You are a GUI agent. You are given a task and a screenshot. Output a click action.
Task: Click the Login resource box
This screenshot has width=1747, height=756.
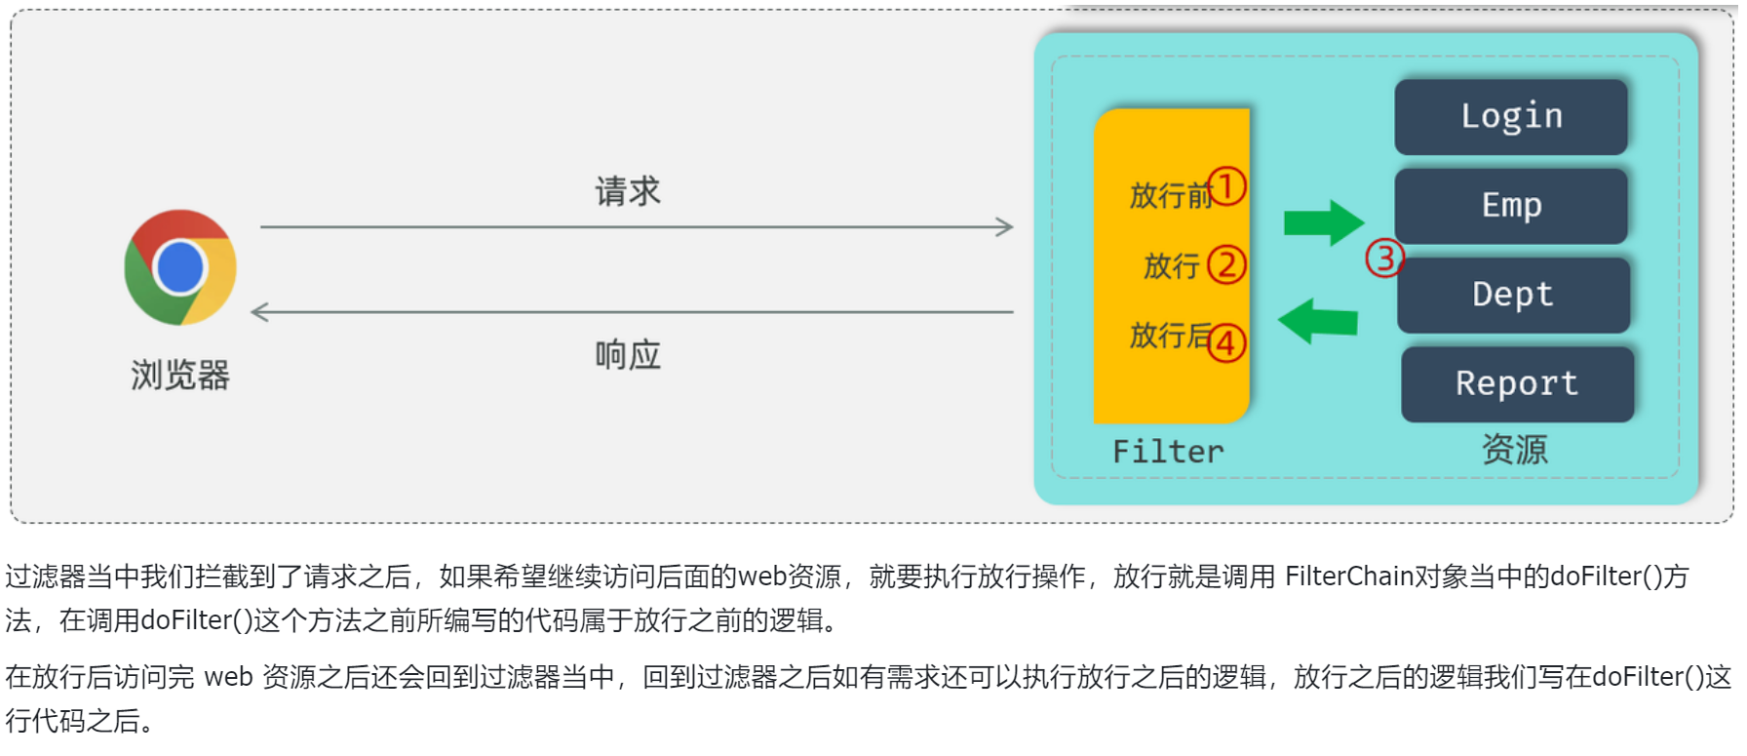1510,116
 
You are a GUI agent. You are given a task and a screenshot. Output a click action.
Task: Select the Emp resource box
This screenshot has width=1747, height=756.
1510,206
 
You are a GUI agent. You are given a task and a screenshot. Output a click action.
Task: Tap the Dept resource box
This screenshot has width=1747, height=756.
1512,295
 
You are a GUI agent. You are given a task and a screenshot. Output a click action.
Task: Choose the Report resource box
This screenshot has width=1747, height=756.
1516,383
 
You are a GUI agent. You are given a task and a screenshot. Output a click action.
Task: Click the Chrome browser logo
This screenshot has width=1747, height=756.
180,267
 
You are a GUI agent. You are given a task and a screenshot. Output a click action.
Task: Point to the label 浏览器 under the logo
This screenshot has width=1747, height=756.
180,375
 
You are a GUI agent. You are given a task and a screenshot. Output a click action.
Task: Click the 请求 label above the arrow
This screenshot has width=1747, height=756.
628,191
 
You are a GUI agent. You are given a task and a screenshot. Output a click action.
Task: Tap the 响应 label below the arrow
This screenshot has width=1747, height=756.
628,355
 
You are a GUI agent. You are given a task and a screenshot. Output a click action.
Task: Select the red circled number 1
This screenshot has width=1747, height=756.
1226,186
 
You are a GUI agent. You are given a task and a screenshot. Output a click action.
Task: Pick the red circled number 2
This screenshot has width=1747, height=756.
1226,264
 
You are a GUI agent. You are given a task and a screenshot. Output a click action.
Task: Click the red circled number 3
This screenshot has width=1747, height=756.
1383,259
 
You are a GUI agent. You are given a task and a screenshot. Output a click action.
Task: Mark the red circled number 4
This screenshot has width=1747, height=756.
1226,342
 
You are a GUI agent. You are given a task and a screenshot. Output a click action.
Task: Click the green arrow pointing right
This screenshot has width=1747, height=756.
1323,223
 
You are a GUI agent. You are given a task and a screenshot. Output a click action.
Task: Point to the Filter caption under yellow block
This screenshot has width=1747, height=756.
1168,452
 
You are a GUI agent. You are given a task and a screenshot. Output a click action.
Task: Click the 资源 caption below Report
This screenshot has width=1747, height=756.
1514,450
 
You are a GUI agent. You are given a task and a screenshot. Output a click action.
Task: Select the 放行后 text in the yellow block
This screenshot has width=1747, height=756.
1168,336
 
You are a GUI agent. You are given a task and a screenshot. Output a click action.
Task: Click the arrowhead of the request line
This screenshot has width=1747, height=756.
1006,227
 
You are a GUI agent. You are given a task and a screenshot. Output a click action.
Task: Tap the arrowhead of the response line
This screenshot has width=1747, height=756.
259,312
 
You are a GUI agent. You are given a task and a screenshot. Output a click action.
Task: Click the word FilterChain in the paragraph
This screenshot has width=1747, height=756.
1349,577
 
